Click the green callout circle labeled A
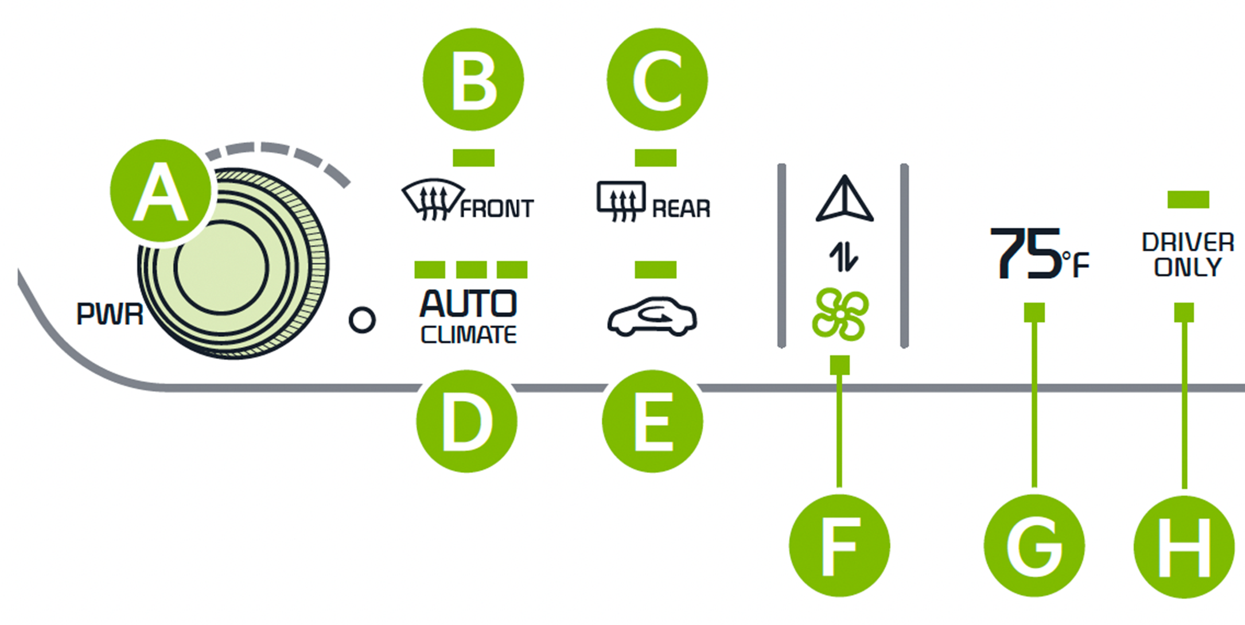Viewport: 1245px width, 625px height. click(161, 191)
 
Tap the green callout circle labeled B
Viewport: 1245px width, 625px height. click(473, 79)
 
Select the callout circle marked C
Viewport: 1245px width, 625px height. click(657, 79)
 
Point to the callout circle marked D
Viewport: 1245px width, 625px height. click(466, 422)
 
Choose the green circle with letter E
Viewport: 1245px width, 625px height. click(652, 422)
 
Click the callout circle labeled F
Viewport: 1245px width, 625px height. click(839, 546)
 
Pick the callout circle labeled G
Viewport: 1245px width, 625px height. click(1034, 546)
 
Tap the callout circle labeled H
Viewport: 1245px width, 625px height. click(1184, 546)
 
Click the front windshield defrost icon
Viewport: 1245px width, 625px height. click(432, 200)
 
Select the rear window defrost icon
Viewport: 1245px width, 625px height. click(621, 201)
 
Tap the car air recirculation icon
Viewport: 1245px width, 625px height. click(652, 316)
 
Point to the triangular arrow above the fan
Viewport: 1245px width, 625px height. click(845, 199)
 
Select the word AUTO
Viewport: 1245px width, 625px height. click(468, 304)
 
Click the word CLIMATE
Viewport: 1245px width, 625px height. click(468, 335)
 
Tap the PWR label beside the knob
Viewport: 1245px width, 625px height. click(110, 314)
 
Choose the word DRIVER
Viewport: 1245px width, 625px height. click(1188, 242)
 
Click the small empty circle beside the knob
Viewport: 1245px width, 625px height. click(362, 320)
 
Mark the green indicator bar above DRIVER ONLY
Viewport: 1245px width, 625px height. click(1188, 199)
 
